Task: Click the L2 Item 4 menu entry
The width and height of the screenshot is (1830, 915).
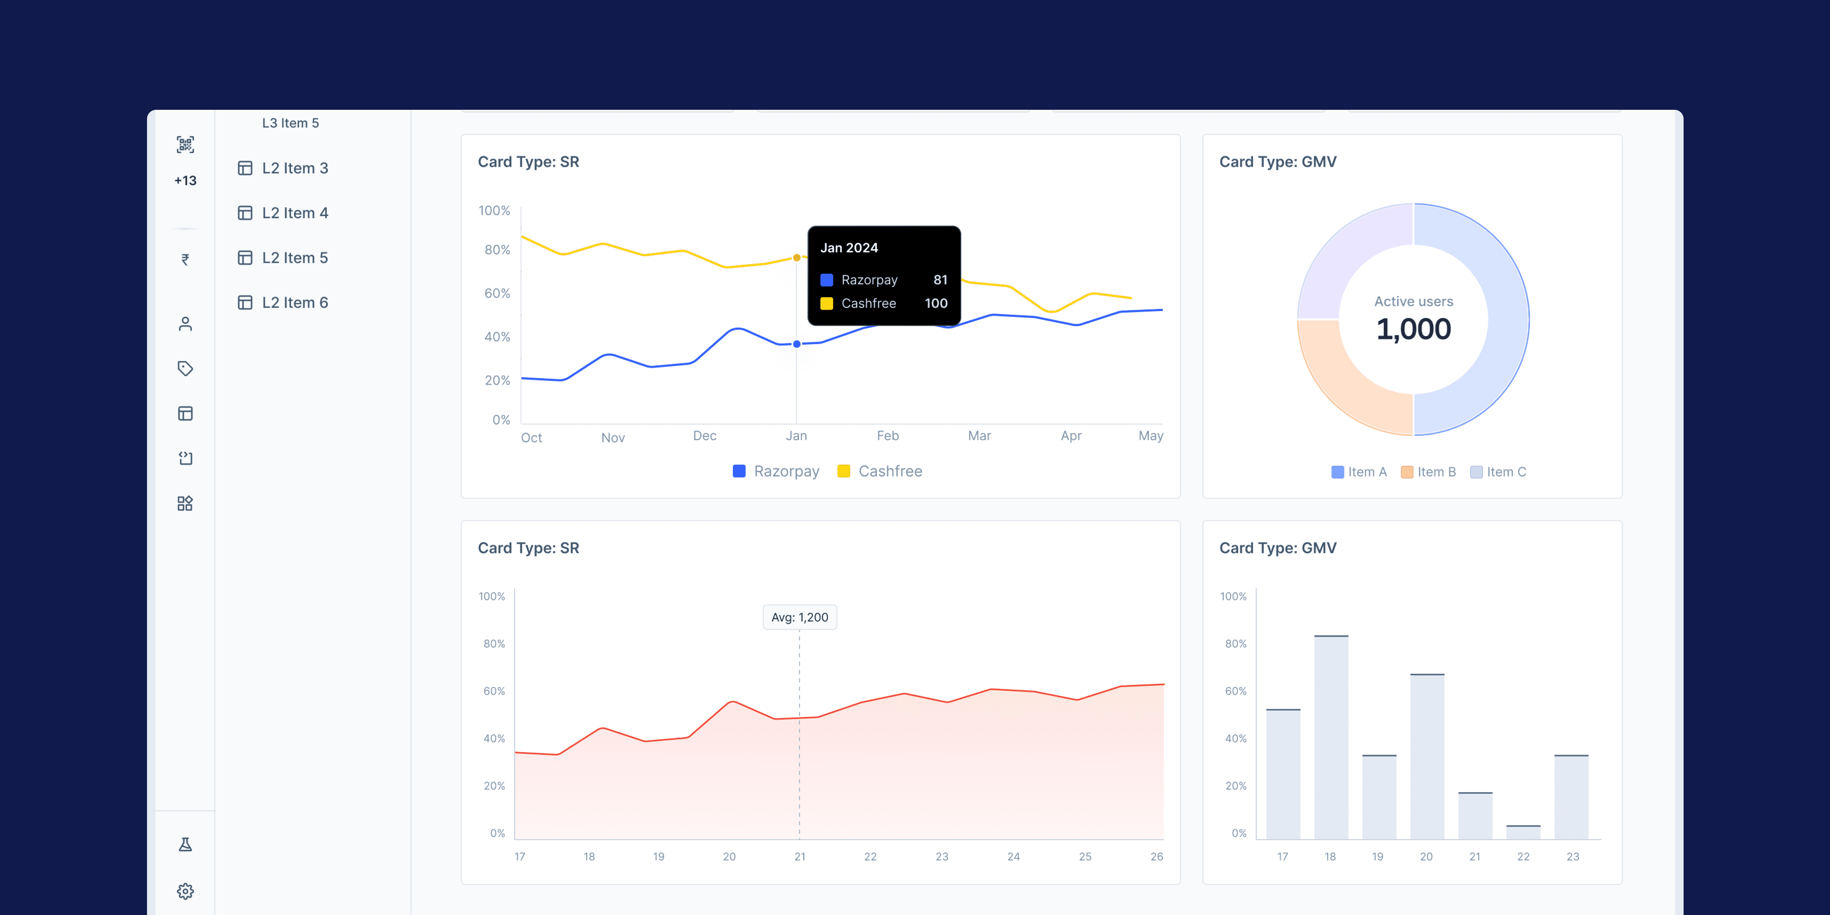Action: click(x=294, y=213)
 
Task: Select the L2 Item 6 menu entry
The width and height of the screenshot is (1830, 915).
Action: click(x=294, y=303)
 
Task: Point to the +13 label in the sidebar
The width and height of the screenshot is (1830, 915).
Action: click(x=185, y=181)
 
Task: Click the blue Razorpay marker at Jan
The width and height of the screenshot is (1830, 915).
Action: click(x=797, y=344)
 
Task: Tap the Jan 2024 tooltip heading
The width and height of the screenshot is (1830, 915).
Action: click(x=849, y=248)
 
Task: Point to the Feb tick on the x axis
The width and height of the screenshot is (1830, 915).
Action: click(x=887, y=436)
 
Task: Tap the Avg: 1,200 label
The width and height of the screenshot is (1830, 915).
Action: click(x=800, y=617)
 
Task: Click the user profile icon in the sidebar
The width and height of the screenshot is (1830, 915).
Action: click(x=185, y=324)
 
